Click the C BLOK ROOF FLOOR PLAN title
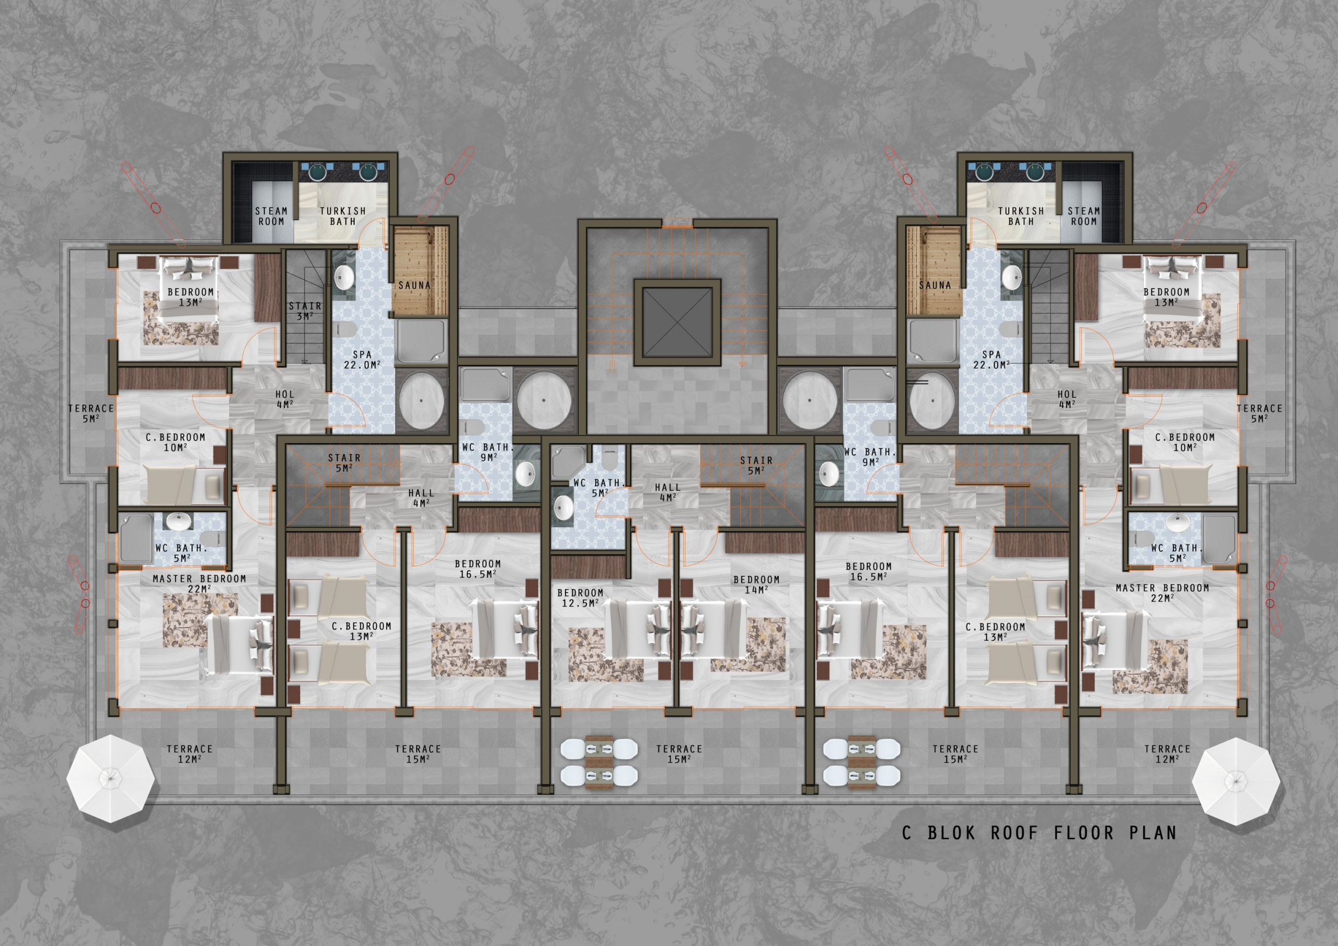tap(1039, 833)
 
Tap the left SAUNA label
tap(414, 285)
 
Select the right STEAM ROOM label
tap(1084, 216)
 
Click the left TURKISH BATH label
tap(343, 216)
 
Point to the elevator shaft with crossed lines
tap(678, 322)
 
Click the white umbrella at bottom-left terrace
tap(111, 779)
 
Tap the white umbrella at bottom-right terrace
tap(1236, 781)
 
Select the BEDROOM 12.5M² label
tap(581, 598)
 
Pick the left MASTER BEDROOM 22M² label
tap(199, 584)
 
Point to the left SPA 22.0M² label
tap(362, 360)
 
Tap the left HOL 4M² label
tap(285, 400)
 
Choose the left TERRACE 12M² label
tap(189, 754)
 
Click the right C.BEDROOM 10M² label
tap(1185, 442)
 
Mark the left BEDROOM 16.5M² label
tap(478, 569)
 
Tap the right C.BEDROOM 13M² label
tap(995, 632)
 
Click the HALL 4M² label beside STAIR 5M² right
tap(667, 492)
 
